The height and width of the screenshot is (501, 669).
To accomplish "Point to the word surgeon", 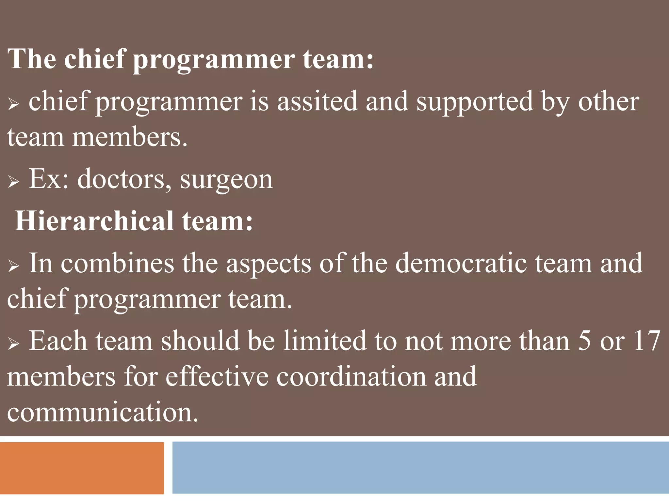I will (x=226, y=180).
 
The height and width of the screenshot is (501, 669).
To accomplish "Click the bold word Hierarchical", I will (x=94, y=221).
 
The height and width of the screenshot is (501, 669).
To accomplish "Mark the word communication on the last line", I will (x=102, y=412).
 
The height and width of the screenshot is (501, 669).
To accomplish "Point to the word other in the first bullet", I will (x=609, y=101).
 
